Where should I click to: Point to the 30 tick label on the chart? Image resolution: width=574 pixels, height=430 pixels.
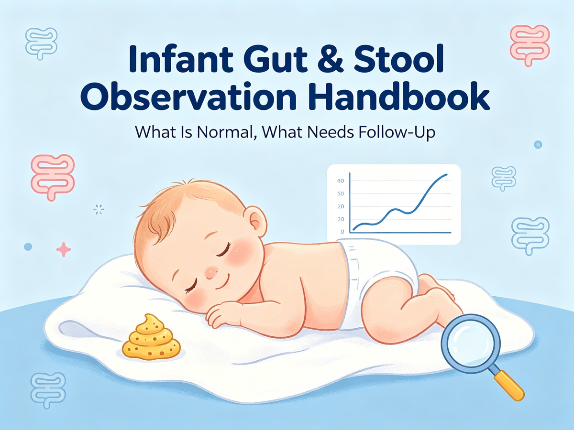point(340,194)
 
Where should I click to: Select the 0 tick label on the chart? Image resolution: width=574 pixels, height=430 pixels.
point(342,232)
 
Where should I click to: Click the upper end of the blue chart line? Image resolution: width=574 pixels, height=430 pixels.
point(446,175)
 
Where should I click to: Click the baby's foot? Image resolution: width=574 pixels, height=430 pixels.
point(442,291)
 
